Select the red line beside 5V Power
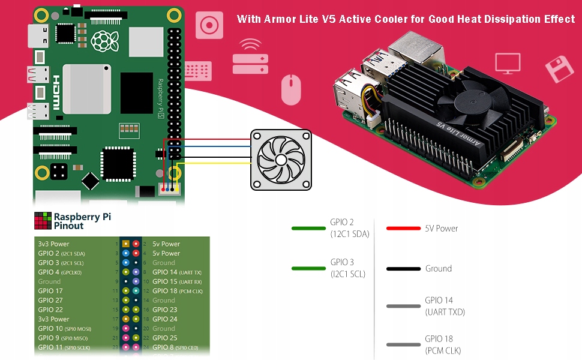[x=403, y=229]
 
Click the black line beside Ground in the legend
[x=403, y=269]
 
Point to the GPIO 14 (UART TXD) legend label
[x=445, y=306]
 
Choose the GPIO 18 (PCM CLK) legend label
[x=443, y=344]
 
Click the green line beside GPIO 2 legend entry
[x=308, y=229]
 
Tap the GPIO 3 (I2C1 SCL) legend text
[x=348, y=268]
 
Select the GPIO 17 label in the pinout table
[x=50, y=291]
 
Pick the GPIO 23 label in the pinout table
[x=165, y=310]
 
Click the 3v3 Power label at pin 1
[x=53, y=244]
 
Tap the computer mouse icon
[x=290, y=89]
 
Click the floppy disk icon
[x=559, y=69]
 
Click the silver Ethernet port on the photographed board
[x=415, y=47]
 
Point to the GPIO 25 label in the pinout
[x=165, y=338]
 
